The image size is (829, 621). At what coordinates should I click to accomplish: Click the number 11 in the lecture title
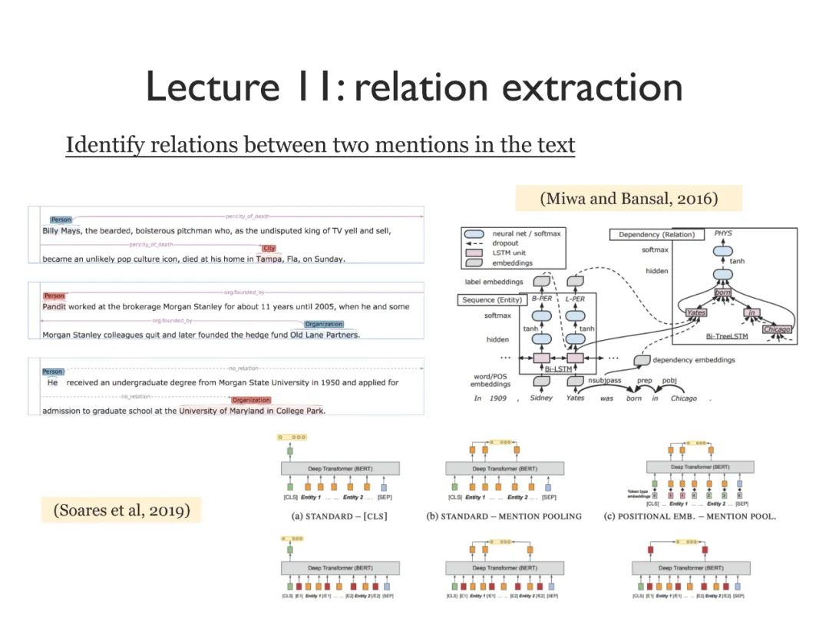(x=315, y=87)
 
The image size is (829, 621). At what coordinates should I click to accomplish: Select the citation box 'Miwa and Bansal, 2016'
(x=629, y=198)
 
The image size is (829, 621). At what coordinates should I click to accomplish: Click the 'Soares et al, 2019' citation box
(x=121, y=509)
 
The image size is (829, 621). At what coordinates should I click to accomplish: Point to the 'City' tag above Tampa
(x=269, y=248)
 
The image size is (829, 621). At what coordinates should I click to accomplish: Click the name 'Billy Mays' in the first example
(x=61, y=230)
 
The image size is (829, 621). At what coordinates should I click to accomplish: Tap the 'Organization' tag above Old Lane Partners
(x=324, y=324)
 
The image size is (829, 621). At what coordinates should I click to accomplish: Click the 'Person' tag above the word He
(x=53, y=372)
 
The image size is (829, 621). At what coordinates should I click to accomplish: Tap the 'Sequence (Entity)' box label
(x=488, y=300)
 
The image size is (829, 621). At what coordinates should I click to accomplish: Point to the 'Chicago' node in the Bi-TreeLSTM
(x=777, y=329)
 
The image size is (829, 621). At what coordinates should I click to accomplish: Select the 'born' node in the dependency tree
(x=722, y=292)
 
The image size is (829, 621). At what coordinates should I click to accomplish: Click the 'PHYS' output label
(x=723, y=233)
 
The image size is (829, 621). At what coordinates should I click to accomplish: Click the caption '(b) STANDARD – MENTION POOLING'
(x=504, y=516)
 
